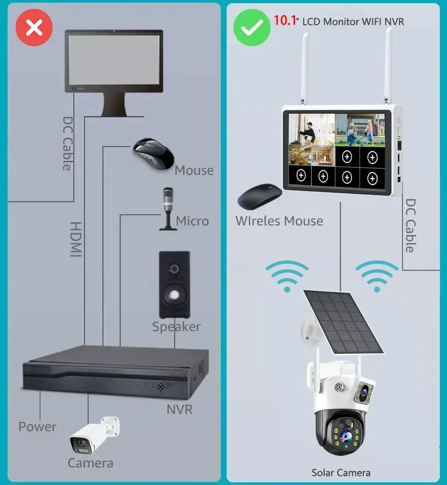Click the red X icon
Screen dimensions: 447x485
[x=34, y=28]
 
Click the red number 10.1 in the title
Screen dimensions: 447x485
[x=285, y=21]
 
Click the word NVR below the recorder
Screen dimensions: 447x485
[x=179, y=409]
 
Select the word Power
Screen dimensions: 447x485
[x=38, y=426]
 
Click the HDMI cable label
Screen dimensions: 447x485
[x=76, y=239]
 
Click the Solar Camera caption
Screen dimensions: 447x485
[x=341, y=472]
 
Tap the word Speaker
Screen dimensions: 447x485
[x=176, y=327]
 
